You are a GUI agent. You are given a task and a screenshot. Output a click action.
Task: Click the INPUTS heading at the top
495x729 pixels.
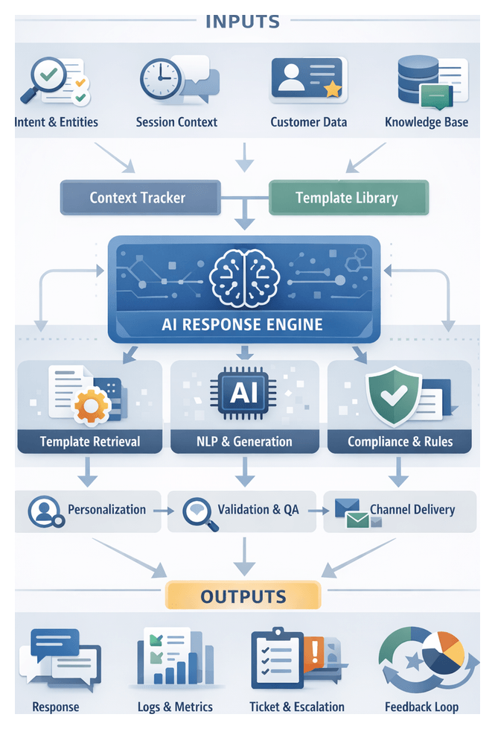coord(243,20)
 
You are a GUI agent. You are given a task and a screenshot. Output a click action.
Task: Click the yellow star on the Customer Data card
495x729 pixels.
coord(332,89)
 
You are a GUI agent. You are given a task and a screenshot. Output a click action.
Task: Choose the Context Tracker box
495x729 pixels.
coord(138,198)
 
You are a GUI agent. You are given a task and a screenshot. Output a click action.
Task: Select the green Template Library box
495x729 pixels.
coord(347,198)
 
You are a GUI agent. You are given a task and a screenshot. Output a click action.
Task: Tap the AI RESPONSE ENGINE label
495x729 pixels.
coord(243,324)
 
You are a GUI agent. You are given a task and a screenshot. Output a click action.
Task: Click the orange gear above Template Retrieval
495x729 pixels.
coord(92,404)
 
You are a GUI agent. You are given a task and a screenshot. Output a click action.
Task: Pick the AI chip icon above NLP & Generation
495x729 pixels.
coord(243,393)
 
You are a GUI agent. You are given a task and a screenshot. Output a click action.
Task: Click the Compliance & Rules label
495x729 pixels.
coord(400,441)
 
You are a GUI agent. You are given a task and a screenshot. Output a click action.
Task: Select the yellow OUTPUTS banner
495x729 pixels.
coord(243,596)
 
